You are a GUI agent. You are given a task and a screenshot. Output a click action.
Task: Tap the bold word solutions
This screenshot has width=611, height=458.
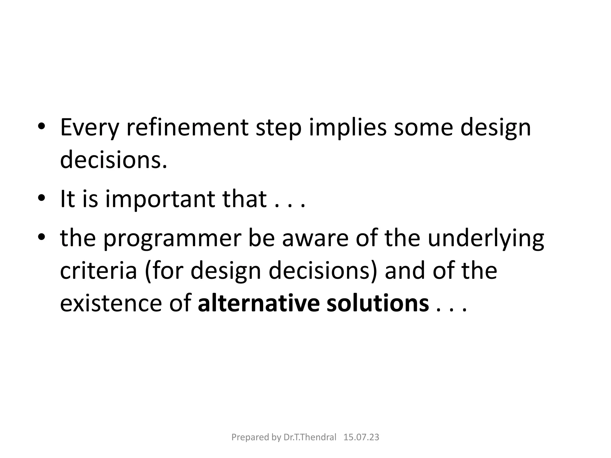377,304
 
